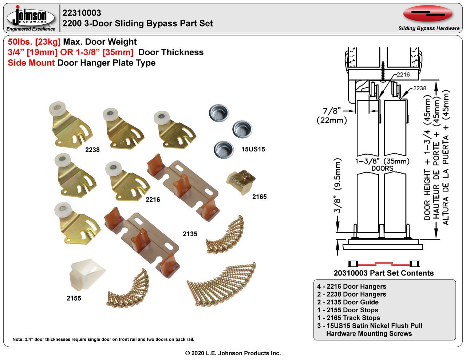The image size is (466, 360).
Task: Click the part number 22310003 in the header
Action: click(82, 13)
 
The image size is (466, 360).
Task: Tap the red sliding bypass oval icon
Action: click(428, 14)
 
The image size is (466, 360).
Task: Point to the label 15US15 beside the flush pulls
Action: click(253, 149)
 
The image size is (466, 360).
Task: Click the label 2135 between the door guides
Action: click(190, 234)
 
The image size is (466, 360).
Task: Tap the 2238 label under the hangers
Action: click(92, 150)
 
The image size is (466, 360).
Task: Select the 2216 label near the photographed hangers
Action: click(153, 199)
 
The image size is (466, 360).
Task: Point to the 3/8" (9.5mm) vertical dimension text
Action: click(338, 186)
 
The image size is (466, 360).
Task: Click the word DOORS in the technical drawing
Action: click(382, 169)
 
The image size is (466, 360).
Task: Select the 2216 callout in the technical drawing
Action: click(403, 75)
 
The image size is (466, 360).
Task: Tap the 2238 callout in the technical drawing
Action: click(419, 88)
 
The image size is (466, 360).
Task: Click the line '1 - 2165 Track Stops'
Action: click(348, 318)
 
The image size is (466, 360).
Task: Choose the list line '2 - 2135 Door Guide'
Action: click(348, 302)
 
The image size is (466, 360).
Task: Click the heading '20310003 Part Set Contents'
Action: click(383, 273)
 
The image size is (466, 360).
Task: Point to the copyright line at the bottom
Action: click(233, 353)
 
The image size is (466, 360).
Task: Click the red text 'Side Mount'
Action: click(31, 63)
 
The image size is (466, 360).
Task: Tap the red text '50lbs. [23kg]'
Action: click(34, 42)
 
